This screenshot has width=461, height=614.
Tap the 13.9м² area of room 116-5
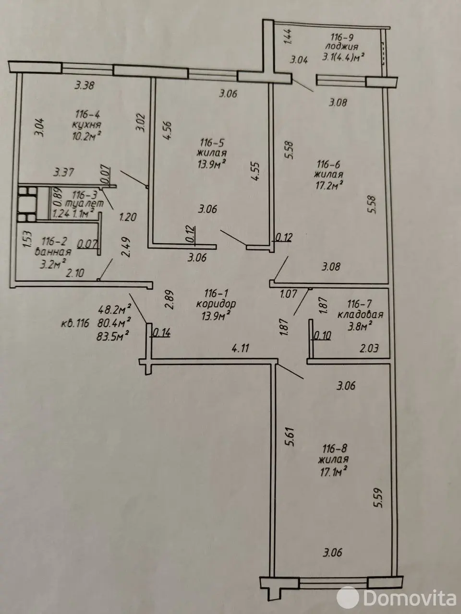213,164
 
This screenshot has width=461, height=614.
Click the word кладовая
360,315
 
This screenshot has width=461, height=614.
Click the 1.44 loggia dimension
288,37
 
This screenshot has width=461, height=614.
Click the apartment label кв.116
75,323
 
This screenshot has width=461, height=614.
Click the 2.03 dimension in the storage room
369,348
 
